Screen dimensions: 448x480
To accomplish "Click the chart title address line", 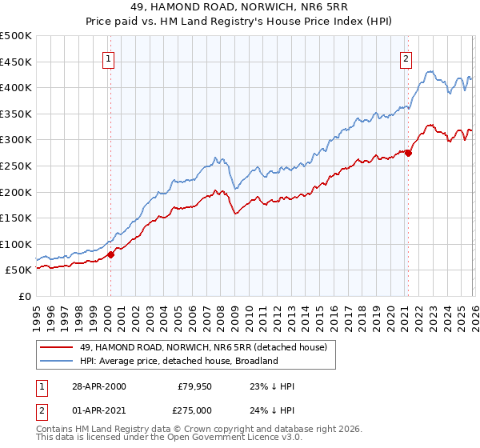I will click(239, 7).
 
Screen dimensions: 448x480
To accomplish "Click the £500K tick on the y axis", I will click(16, 36).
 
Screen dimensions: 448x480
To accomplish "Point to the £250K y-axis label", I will click(16, 166).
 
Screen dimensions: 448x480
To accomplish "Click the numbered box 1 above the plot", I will click(108, 58).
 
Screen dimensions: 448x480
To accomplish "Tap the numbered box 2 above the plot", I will click(406, 58).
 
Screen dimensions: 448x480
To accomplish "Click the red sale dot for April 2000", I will click(111, 254).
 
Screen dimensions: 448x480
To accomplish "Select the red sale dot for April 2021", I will click(408, 153).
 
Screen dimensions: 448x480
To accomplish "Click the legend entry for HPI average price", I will click(178, 361).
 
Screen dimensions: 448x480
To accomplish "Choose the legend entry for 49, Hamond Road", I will click(203, 347).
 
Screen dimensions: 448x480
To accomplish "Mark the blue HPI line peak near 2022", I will click(430, 71).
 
